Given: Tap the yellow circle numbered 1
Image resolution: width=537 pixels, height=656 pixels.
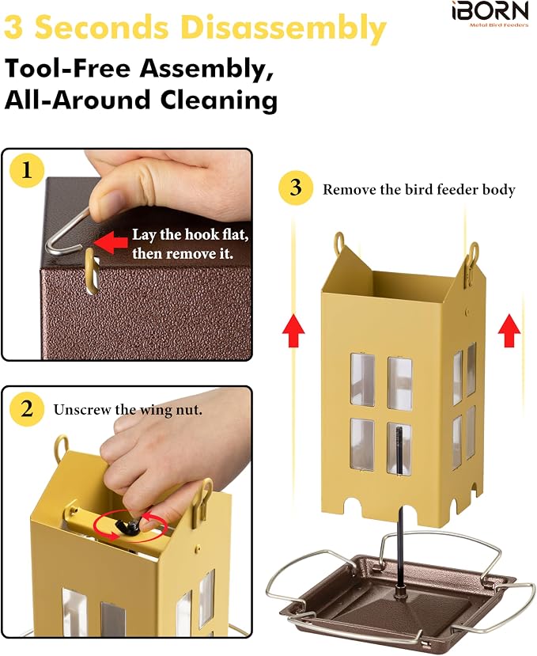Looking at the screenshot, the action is [x=27, y=171].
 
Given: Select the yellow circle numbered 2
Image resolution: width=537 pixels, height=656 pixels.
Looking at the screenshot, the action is [x=27, y=409].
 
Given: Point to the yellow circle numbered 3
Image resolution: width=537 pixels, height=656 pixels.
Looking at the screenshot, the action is [x=296, y=188].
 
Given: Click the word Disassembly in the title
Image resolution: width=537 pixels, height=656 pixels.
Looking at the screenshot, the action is [x=285, y=28].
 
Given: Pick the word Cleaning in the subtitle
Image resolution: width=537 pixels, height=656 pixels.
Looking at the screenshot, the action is [x=219, y=100].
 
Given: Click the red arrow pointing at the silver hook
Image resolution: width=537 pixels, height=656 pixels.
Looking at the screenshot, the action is [x=111, y=242].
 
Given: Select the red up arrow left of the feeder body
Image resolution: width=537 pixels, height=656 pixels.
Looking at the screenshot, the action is [x=293, y=331].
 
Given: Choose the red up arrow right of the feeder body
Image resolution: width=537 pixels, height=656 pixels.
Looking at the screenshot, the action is [x=509, y=331].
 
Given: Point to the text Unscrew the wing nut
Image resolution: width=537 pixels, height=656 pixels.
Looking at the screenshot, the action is [x=128, y=410].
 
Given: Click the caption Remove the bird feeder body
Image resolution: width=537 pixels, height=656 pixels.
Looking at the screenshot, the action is [x=418, y=190].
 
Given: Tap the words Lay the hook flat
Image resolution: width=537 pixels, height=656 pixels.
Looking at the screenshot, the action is [x=191, y=235].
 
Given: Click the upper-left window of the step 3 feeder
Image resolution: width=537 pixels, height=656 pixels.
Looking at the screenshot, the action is [x=362, y=380].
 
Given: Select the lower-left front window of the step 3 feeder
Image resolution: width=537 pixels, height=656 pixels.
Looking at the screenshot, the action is [x=362, y=445].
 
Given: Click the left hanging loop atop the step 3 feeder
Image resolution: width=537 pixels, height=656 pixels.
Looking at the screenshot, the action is [x=339, y=244].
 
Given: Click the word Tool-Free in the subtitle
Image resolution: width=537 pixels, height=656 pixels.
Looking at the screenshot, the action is [x=68, y=68].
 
